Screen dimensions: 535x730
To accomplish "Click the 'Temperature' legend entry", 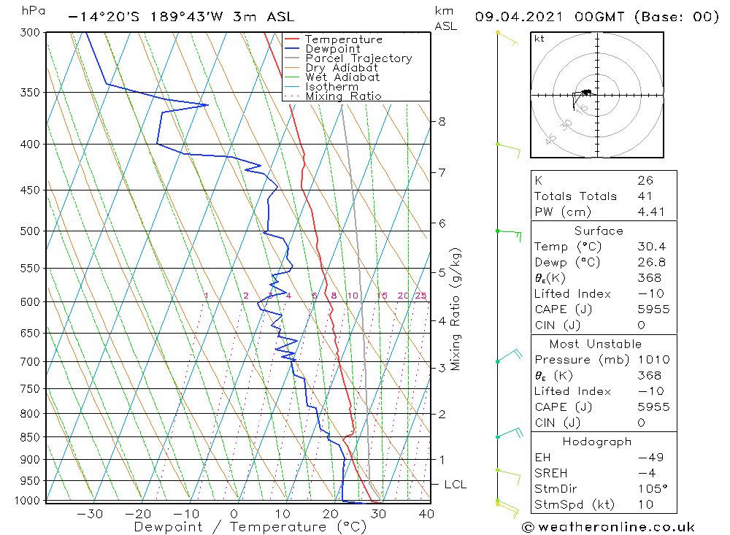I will click(343, 39).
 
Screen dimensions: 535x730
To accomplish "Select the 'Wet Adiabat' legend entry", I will click(342, 77).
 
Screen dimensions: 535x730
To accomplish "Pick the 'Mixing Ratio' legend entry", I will click(343, 96).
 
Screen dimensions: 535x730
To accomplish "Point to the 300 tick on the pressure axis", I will click(30, 33).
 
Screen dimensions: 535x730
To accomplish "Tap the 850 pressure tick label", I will click(30, 437).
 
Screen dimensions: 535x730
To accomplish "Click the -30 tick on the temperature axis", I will click(90, 514).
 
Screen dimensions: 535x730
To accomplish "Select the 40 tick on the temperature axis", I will click(426, 514).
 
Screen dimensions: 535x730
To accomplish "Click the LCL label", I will click(455, 484).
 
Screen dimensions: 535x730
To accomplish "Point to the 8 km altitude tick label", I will click(442, 121).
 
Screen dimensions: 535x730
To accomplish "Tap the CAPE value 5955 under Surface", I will click(653, 309).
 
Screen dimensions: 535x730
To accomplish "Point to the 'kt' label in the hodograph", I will click(539, 39).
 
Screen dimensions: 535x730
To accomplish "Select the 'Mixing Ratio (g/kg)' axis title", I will click(456, 309).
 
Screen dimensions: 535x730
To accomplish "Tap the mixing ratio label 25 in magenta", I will click(420, 296).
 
